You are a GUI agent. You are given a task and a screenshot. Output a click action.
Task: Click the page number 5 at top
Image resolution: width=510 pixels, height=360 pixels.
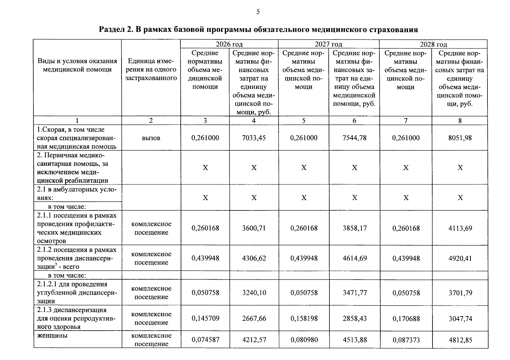tap(258, 12)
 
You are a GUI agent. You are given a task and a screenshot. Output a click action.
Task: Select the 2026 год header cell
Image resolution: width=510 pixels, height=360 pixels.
tap(229, 44)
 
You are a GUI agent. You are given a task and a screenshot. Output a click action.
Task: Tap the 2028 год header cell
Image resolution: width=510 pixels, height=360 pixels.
tap(433, 44)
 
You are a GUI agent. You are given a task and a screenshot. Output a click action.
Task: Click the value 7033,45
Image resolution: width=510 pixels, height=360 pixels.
tap(254, 138)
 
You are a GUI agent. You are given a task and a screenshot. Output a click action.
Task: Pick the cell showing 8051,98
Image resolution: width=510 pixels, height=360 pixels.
tap(460, 138)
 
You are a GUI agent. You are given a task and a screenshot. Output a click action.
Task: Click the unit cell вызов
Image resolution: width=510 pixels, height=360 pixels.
tap(151, 138)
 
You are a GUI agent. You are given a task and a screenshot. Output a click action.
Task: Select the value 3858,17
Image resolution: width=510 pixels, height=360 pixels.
tap(355, 228)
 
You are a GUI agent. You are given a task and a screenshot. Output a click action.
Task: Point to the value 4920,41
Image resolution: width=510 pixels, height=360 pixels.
tap(460, 258)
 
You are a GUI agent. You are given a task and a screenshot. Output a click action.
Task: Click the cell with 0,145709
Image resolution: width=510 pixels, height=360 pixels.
tap(205, 318)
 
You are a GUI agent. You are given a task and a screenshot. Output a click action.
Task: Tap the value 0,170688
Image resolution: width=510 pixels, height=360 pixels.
tap(406, 319)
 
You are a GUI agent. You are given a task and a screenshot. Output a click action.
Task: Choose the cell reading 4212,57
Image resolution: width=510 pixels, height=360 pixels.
tap(254, 340)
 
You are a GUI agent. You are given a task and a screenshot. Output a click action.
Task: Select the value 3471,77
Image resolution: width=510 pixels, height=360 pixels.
tap(355, 292)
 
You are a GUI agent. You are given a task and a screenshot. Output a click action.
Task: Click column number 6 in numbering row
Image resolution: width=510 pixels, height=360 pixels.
tap(354, 121)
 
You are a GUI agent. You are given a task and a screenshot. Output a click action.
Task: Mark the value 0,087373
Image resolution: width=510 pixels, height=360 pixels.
tap(406, 340)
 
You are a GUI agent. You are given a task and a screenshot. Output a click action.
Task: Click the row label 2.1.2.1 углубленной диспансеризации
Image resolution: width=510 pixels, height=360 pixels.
tap(77, 292)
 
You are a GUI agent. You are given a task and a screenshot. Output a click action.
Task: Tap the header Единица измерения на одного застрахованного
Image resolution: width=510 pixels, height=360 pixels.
tap(151, 70)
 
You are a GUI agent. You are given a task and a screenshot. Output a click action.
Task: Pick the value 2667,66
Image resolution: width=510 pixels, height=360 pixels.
tap(254, 318)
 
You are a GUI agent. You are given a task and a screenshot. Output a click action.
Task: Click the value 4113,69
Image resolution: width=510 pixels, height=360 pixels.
tap(460, 228)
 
